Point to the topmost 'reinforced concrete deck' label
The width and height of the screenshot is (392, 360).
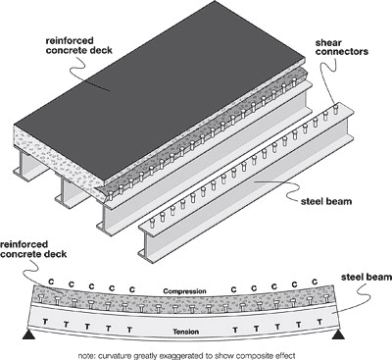click(79, 46)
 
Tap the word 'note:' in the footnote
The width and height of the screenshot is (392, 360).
click(84, 351)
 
